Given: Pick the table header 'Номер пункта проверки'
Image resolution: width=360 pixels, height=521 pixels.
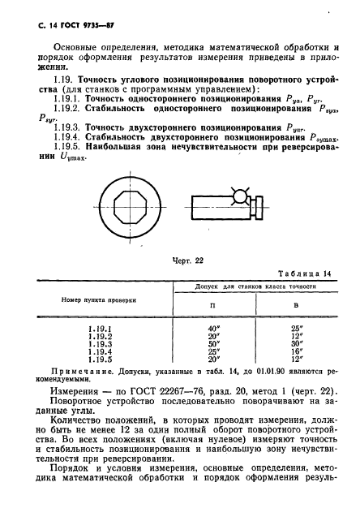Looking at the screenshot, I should coord(95,299).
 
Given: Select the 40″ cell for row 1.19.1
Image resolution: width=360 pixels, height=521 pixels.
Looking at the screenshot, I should coord(212,328).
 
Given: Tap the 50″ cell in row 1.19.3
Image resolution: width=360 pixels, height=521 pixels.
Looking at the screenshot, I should coord(212,343).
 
